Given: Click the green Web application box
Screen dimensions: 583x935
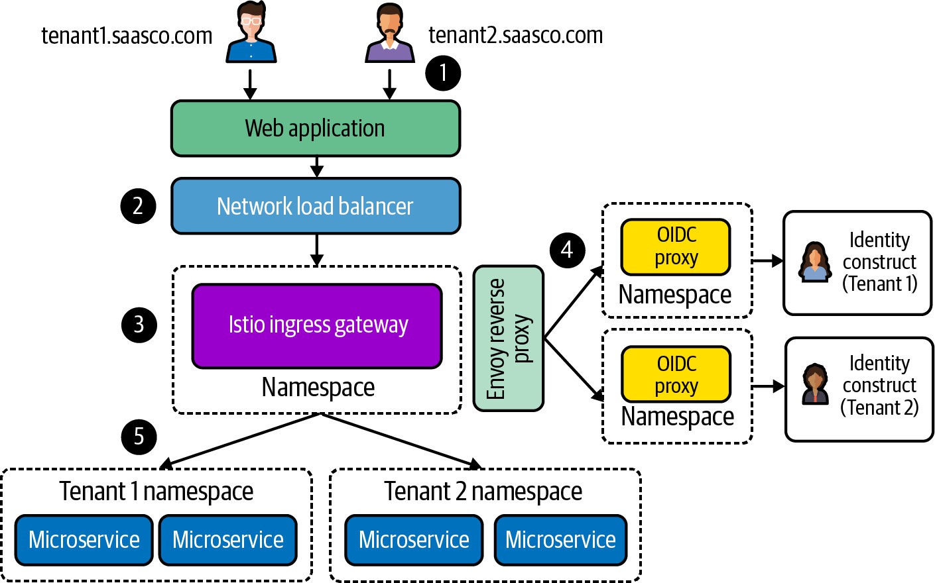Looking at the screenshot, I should click(316, 129).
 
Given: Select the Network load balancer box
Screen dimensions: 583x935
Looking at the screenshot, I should click(316, 206).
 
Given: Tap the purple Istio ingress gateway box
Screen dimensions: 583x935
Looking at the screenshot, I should click(317, 325).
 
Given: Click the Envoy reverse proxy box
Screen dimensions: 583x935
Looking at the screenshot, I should click(509, 339).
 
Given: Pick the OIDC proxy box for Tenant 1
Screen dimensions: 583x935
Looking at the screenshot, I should click(676, 246).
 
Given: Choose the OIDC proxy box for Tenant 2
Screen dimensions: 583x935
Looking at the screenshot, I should click(676, 374).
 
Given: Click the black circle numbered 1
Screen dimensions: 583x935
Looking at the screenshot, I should click(443, 72).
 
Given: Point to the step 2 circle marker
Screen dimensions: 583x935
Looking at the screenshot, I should click(138, 206).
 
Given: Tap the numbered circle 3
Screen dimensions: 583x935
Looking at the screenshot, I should click(139, 325).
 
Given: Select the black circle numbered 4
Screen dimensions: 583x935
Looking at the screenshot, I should click(567, 250).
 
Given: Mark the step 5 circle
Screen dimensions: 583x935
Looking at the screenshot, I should click(139, 437).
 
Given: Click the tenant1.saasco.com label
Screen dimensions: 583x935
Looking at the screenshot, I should click(127, 36).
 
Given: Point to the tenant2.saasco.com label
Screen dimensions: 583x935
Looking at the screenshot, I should click(515, 35).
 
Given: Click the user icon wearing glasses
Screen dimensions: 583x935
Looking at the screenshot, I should click(251, 33).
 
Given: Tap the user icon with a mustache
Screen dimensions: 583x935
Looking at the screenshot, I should click(390, 33).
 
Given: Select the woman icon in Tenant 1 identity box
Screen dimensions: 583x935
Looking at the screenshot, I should click(815, 262).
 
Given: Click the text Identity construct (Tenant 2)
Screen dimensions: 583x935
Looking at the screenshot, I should click(879, 385).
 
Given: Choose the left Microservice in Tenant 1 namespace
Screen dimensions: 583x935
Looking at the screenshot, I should click(84, 540).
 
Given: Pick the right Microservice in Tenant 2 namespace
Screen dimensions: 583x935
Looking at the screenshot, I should click(560, 540).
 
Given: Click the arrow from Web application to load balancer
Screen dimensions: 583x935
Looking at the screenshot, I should click(317, 167).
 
